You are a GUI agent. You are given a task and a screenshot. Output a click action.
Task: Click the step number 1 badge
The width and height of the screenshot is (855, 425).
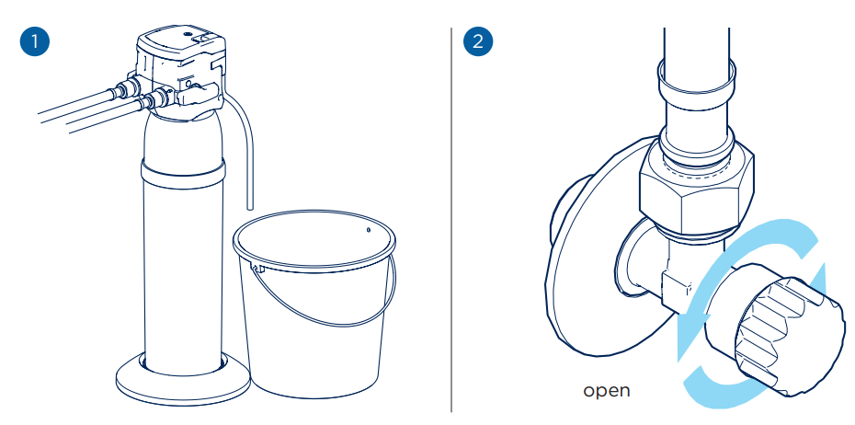tap(34, 42)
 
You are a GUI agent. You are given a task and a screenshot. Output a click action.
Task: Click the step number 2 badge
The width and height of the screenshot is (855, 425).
tap(477, 42)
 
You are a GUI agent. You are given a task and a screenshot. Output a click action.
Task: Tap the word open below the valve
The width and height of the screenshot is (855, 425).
tap(607, 390)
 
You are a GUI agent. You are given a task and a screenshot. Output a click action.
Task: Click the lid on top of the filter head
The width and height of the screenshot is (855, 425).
tap(178, 41)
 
